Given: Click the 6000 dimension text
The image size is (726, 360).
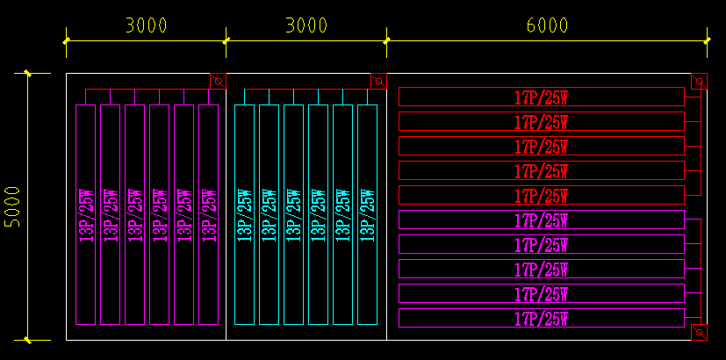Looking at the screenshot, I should [547, 25].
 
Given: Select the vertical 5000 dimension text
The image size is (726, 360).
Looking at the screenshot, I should [12, 207].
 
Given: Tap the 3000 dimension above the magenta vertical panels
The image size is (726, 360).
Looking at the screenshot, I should [146, 25].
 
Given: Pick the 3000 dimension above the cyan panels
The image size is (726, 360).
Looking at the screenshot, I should [306, 25].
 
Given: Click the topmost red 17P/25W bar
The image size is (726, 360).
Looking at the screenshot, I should [541, 97].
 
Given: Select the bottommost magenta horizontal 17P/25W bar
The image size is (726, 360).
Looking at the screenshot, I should [541, 318].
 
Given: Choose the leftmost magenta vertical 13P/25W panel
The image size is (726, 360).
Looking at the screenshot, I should [85, 214].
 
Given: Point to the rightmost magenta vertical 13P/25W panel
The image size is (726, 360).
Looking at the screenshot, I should [208, 214].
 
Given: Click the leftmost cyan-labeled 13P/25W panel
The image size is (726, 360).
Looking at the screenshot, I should [244, 214].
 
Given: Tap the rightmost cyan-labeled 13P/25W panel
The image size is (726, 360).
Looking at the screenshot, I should [367, 214].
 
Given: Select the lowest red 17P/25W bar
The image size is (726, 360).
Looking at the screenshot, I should [541, 195].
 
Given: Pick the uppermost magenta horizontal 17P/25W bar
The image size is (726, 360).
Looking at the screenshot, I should [541, 220].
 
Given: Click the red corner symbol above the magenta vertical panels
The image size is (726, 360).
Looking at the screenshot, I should [218, 82].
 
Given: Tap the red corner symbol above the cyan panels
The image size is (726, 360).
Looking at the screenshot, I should [378, 82].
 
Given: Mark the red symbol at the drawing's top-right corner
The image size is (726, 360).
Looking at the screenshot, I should [699, 82].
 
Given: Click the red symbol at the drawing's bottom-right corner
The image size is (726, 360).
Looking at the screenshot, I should [699, 332].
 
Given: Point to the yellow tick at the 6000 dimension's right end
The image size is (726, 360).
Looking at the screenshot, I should [708, 40].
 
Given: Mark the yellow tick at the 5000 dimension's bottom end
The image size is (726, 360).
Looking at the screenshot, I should [27, 340].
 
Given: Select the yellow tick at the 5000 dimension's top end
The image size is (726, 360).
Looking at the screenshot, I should [27, 73].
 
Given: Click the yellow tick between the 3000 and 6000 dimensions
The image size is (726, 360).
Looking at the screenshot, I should [386, 40].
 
